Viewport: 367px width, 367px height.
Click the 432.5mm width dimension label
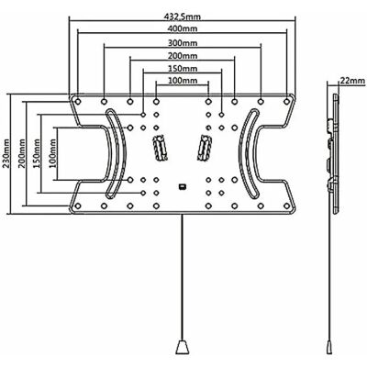[183, 17]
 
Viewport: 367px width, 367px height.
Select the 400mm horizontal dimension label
[183, 28]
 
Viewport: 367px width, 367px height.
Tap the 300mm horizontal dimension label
[183, 43]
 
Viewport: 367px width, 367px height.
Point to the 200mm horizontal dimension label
[183, 56]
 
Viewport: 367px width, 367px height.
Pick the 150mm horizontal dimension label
[183, 68]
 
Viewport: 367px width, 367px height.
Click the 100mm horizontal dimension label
[183, 81]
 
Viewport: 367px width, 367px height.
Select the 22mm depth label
[352, 81]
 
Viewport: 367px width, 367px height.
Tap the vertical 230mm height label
[6, 153]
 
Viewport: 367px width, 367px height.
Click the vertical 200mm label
[22, 153]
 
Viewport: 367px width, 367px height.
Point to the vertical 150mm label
[37, 153]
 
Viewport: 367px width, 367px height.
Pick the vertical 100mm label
[52, 153]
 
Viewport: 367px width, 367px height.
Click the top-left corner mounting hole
[78, 101]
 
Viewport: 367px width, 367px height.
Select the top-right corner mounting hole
[286, 101]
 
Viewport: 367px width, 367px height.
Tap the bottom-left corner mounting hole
[78, 206]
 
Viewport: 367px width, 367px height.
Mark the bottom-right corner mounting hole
[286, 206]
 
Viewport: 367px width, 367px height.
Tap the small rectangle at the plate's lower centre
[183, 186]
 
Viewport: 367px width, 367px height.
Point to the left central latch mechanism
[161, 148]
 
